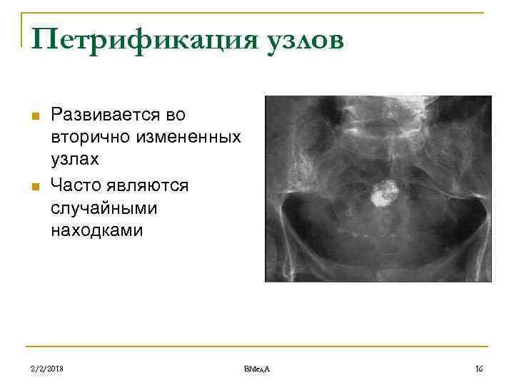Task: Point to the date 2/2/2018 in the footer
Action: (48, 369)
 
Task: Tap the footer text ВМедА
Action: (256, 369)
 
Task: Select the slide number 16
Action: (479, 369)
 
